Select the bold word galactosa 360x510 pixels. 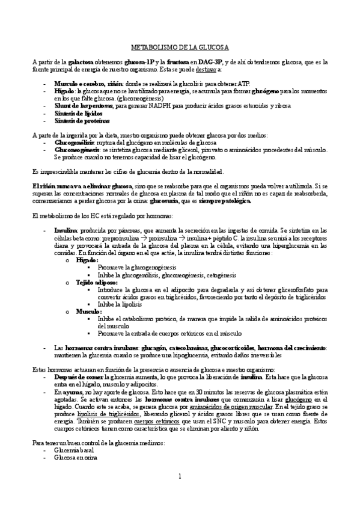(81, 61)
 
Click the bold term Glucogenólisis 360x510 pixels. (75, 143)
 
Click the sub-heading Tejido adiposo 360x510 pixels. (97, 282)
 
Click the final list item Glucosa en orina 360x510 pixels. (76, 456)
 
